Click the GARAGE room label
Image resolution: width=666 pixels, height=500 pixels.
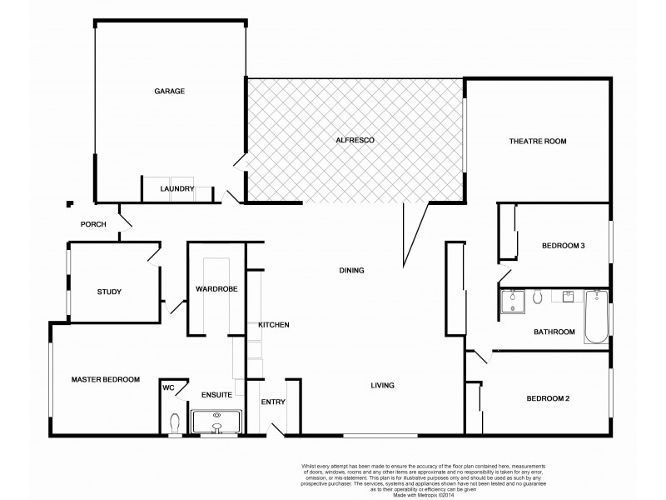click(x=169, y=91)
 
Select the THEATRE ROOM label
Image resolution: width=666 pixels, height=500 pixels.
click(x=537, y=142)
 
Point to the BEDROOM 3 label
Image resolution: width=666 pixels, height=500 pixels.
click(x=564, y=246)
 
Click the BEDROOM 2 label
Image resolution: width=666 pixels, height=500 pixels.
click(x=548, y=398)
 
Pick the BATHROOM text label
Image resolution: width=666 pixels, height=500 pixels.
click(x=554, y=332)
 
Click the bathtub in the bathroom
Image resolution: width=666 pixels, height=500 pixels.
click(x=596, y=317)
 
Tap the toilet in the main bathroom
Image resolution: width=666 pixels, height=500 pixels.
click(x=538, y=297)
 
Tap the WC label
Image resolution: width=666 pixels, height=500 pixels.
click(x=169, y=387)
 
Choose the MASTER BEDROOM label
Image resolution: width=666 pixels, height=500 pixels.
click(x=105, y=379)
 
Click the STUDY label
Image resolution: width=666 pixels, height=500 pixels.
click(x=109, y=292)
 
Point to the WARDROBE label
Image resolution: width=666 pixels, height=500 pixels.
click(x=216, y=289)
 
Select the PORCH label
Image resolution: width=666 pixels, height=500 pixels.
click(x=92, y=225)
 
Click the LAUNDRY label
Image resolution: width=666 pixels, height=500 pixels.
click(x=176, y=189)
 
